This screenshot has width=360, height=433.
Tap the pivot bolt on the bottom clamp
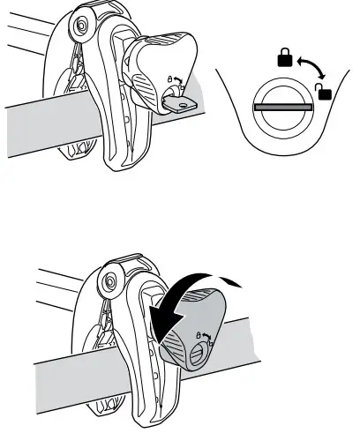coord(110,284)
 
